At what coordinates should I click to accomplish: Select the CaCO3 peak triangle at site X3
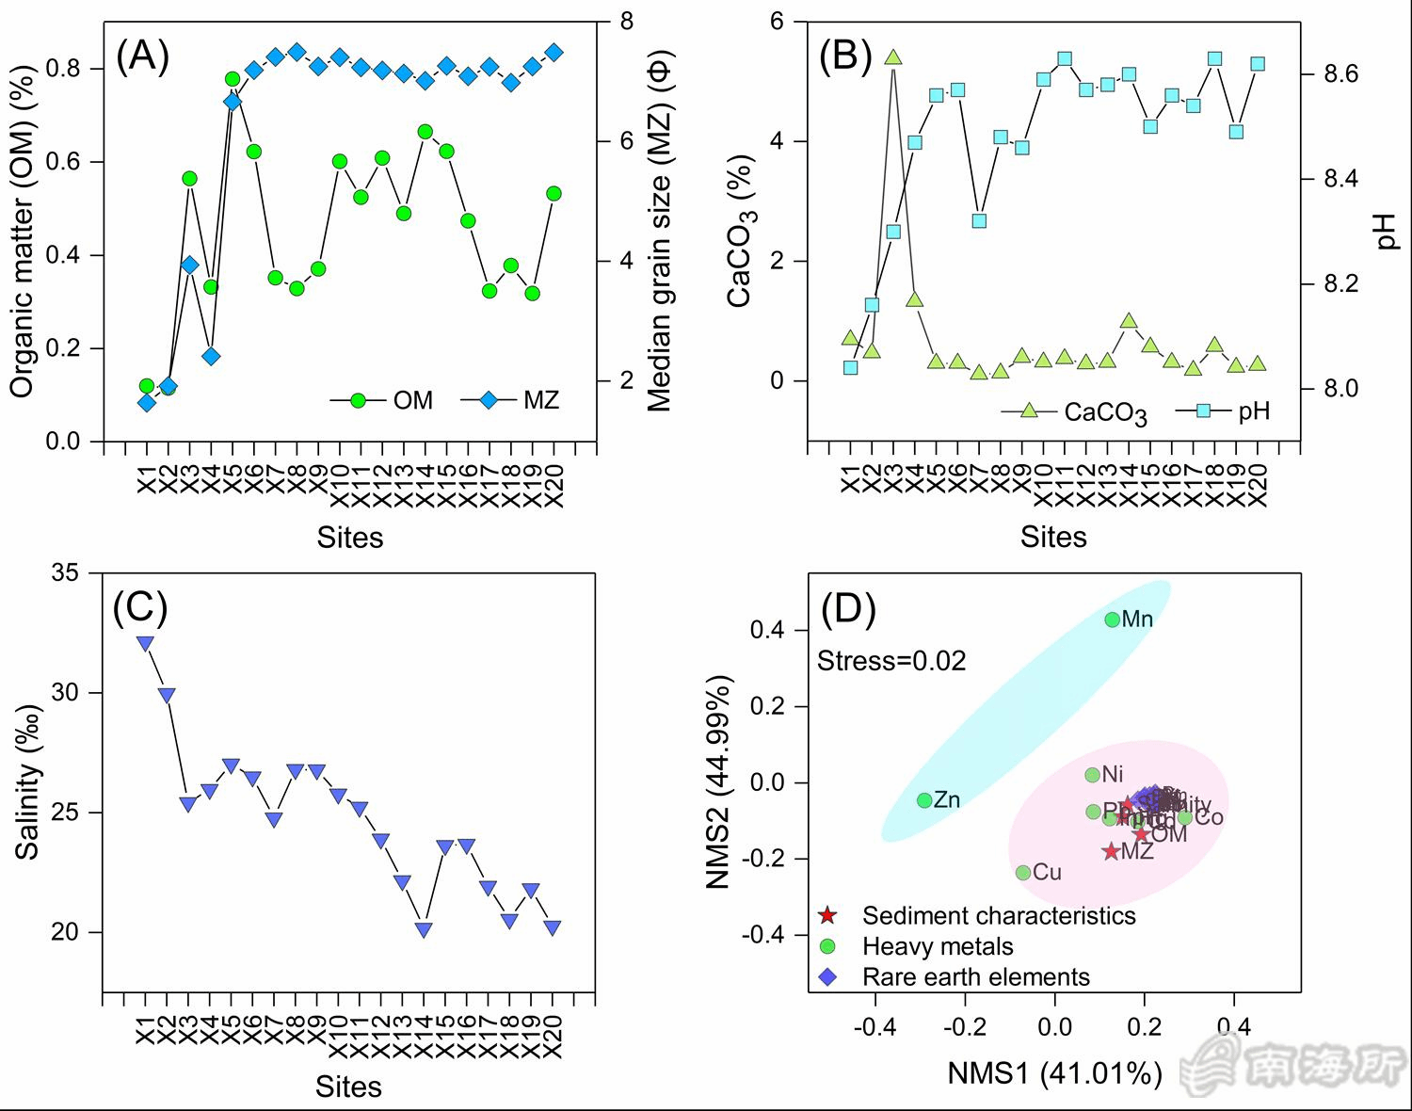point(893,57)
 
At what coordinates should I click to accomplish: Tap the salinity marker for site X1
point(145,643)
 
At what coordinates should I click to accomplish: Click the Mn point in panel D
point(1113,620)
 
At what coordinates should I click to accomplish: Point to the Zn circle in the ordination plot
point(924,800)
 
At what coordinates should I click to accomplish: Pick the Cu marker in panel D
point(1023,873)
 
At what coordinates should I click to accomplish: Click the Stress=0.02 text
point(891,661)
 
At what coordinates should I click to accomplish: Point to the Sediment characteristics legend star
point(827,915)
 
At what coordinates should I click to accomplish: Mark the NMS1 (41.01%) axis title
point(1054,1073)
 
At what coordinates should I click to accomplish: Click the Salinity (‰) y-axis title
point(28,781)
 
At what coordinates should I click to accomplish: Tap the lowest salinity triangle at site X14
point(424,930)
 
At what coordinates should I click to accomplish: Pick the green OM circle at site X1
point(147,386)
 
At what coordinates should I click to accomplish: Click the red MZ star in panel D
point(1111,851)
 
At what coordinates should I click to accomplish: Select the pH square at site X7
point(979,220)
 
